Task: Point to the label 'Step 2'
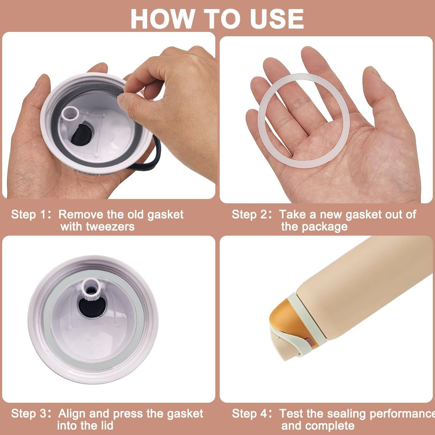click(250, 214)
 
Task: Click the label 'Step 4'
click(250, 413)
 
